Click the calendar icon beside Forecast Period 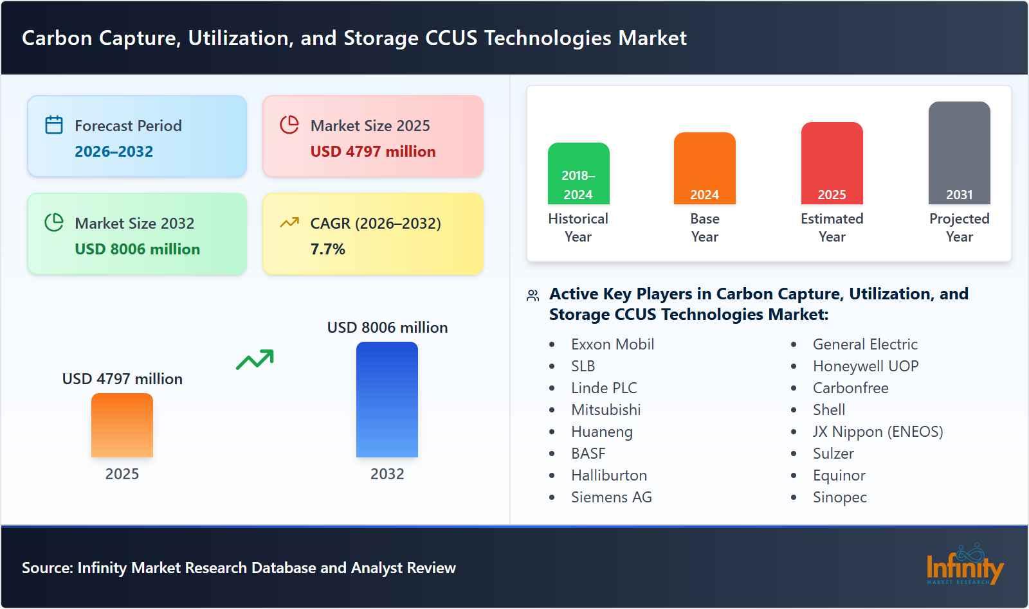tap(54, 125)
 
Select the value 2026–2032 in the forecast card tap(114, 152)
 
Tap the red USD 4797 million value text tap(373, 152)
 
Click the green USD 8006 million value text tap(137, 249)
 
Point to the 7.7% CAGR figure tap(327, 249)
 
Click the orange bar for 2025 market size tap(122, 425)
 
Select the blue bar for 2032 tap(387, 400)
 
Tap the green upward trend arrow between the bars tap(255, 360)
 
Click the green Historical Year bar tap(578, 173)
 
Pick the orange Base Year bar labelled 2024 tap(704, 168)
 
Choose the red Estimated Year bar tap(832, 163)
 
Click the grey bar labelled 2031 tap(959, 153)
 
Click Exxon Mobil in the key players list tap(612, 344)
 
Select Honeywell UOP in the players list tap(866, 366)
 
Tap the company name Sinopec tap(839, 497)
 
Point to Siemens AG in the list tap(611, 497)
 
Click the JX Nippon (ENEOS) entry tap(878, 432)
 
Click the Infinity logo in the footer tap(965, 565)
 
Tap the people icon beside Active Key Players tap(533, 296)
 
